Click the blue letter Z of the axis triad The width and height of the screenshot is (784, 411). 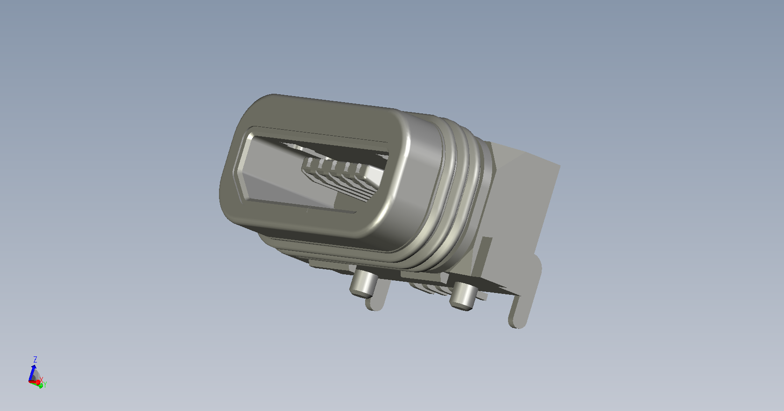pyautogui.click(x=35, y=360)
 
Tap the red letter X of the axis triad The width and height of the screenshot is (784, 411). pyautogui.click(x=41, y=380)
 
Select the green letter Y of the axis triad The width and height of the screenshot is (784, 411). pyautogui.click(x=45, y=385)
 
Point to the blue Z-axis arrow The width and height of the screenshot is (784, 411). pyautogui.click(x=32, y=373)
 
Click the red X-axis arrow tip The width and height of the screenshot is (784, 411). pyautogui.click(x=38, y=383)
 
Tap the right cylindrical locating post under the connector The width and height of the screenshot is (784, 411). pyautogui.click(x=463, y=296)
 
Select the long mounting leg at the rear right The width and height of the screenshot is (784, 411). pyautogui.click(x=523, y=297)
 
